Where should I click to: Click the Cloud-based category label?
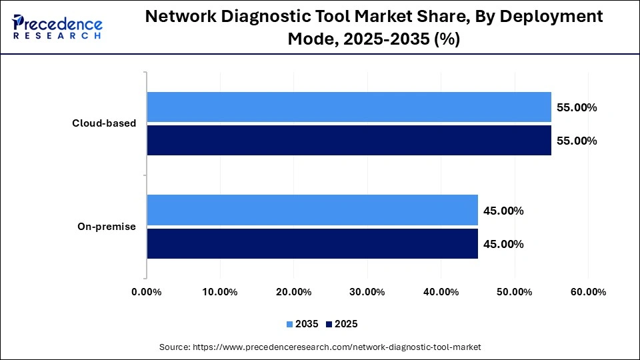point(105,123)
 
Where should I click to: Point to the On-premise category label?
point(107,227)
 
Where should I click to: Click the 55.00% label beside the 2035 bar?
point(577,107)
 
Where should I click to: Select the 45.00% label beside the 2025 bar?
point(504,244)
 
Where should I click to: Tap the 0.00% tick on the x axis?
point(146,292)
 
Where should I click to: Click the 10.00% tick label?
point(219,292)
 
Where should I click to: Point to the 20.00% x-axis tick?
point(293,292)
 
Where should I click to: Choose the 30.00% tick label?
point(367,292)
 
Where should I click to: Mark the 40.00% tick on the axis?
point(441,292)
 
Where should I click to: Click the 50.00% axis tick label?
point(514,292)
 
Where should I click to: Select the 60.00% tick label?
point(587,292)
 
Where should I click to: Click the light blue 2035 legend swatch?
point(290,324)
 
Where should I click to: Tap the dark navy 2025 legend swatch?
point(329,324)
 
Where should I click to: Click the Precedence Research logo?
point(57,27)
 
